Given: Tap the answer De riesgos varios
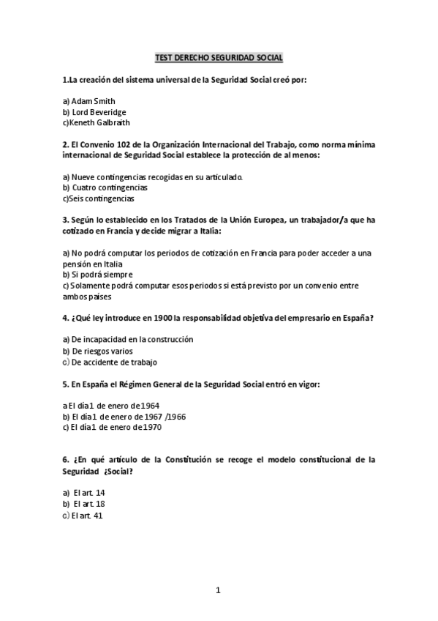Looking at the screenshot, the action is coord(97,351).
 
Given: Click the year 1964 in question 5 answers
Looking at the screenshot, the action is coord(149,405).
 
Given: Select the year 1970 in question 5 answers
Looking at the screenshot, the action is coord(151,427).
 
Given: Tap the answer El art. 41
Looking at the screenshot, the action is coord(88,515).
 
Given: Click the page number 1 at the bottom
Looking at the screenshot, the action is coord(218,590).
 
